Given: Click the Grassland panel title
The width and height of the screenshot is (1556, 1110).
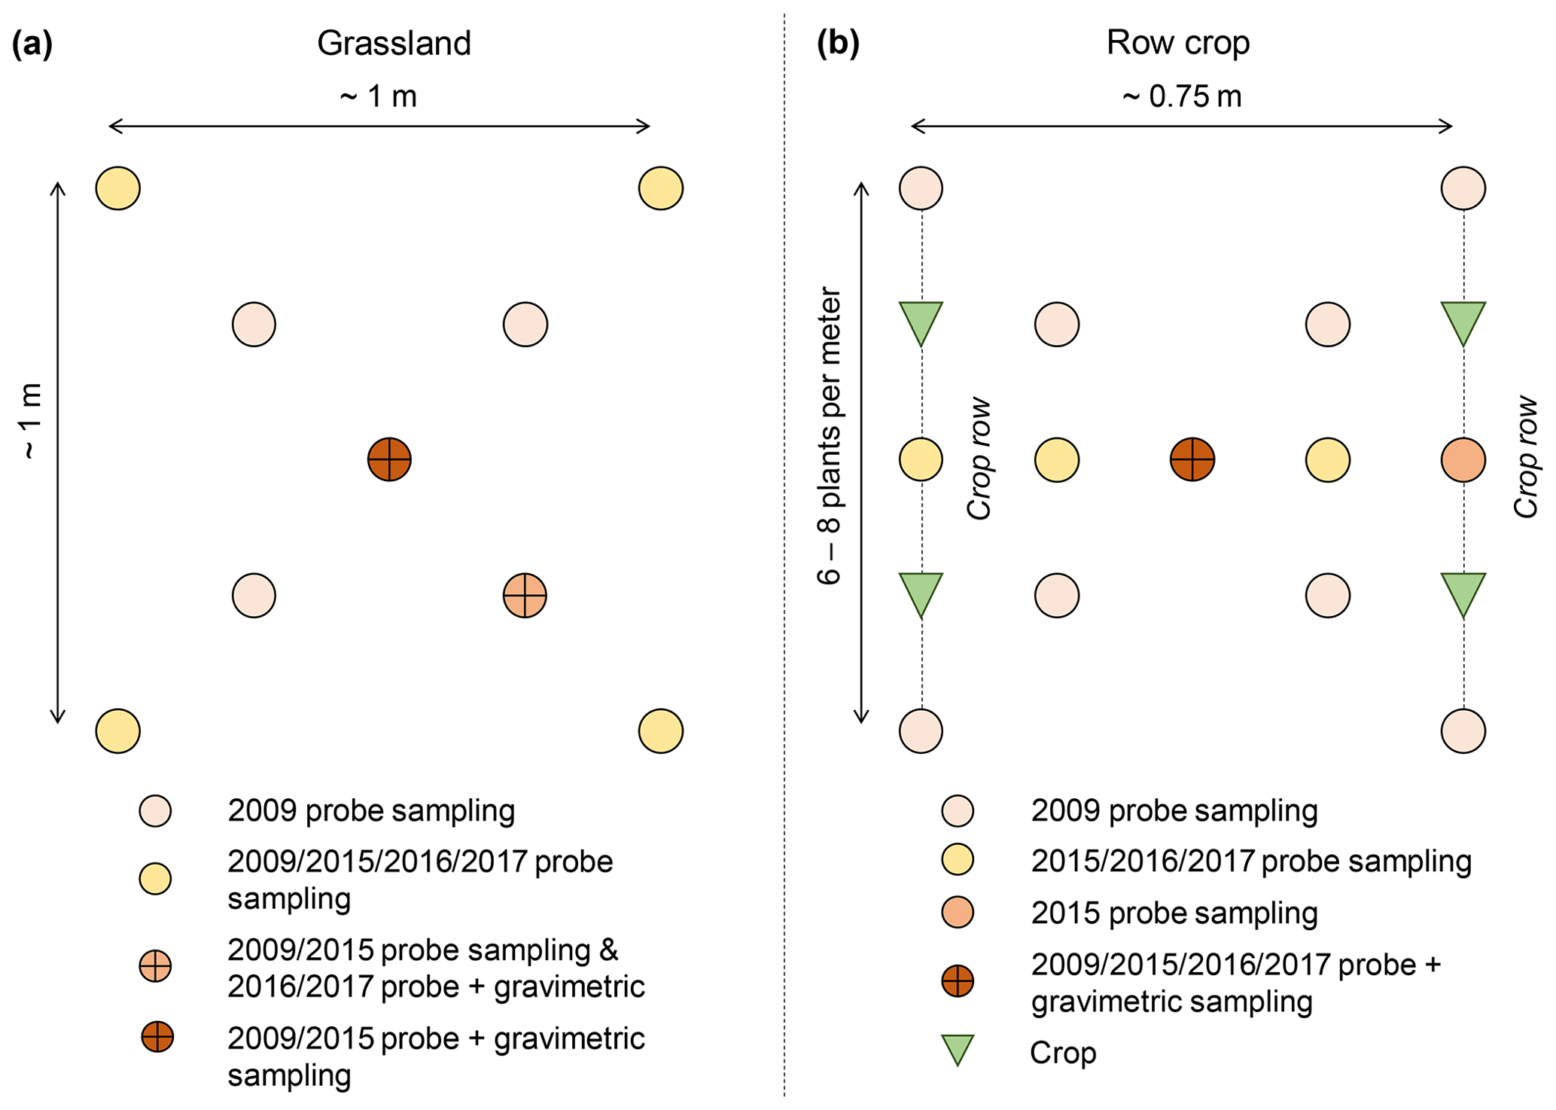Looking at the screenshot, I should coord(394,44).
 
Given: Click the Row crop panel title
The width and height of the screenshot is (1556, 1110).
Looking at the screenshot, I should coord(1177,43).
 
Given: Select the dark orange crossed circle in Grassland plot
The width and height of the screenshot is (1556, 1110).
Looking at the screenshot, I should coord(389,459).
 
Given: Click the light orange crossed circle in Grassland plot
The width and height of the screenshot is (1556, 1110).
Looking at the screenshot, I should coord(525,596).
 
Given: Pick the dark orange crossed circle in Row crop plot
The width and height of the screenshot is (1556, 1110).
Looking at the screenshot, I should coord(1192,459).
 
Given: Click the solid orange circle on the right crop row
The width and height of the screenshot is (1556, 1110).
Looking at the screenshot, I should coord(1463,459).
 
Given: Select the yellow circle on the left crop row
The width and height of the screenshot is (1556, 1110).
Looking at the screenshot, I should coord(921,459).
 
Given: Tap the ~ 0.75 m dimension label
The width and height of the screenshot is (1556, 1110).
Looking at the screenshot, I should coord(1181,97).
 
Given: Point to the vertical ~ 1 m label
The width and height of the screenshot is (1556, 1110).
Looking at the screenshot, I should coord(31,422).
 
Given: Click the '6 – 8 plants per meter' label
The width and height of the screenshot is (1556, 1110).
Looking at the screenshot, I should coord(829,436).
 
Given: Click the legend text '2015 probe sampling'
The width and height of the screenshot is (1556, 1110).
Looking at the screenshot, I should coord(1174,913).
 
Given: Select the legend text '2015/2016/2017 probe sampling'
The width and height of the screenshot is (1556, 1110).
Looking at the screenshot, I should coord(1250,861).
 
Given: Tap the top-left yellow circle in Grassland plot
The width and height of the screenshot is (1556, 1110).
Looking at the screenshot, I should coord(118,188).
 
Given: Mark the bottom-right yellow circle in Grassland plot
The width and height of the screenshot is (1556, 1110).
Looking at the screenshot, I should coord(660,731).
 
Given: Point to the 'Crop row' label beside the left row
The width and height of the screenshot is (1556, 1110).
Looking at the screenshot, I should coord(979,459).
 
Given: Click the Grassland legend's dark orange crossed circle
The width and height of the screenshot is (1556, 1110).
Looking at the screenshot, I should coord(157,1037).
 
